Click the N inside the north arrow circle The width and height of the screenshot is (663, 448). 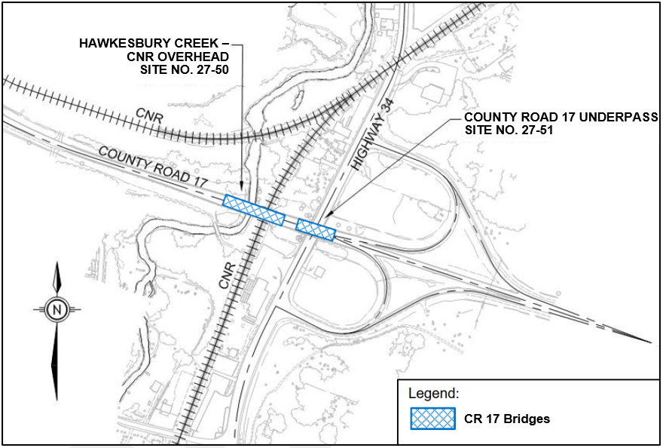[x=57, y=308]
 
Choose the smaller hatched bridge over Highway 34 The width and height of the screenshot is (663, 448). [x=316, y=229]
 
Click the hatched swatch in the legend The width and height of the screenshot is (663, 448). [x=433, y=419]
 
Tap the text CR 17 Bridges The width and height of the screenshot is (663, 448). [x=507, y=419]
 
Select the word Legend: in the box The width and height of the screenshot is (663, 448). [x=433, y=394]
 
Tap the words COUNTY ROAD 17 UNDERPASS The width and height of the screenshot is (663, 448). [x=561, y=118]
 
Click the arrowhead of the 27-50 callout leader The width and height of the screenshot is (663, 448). [x=241, y=190]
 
